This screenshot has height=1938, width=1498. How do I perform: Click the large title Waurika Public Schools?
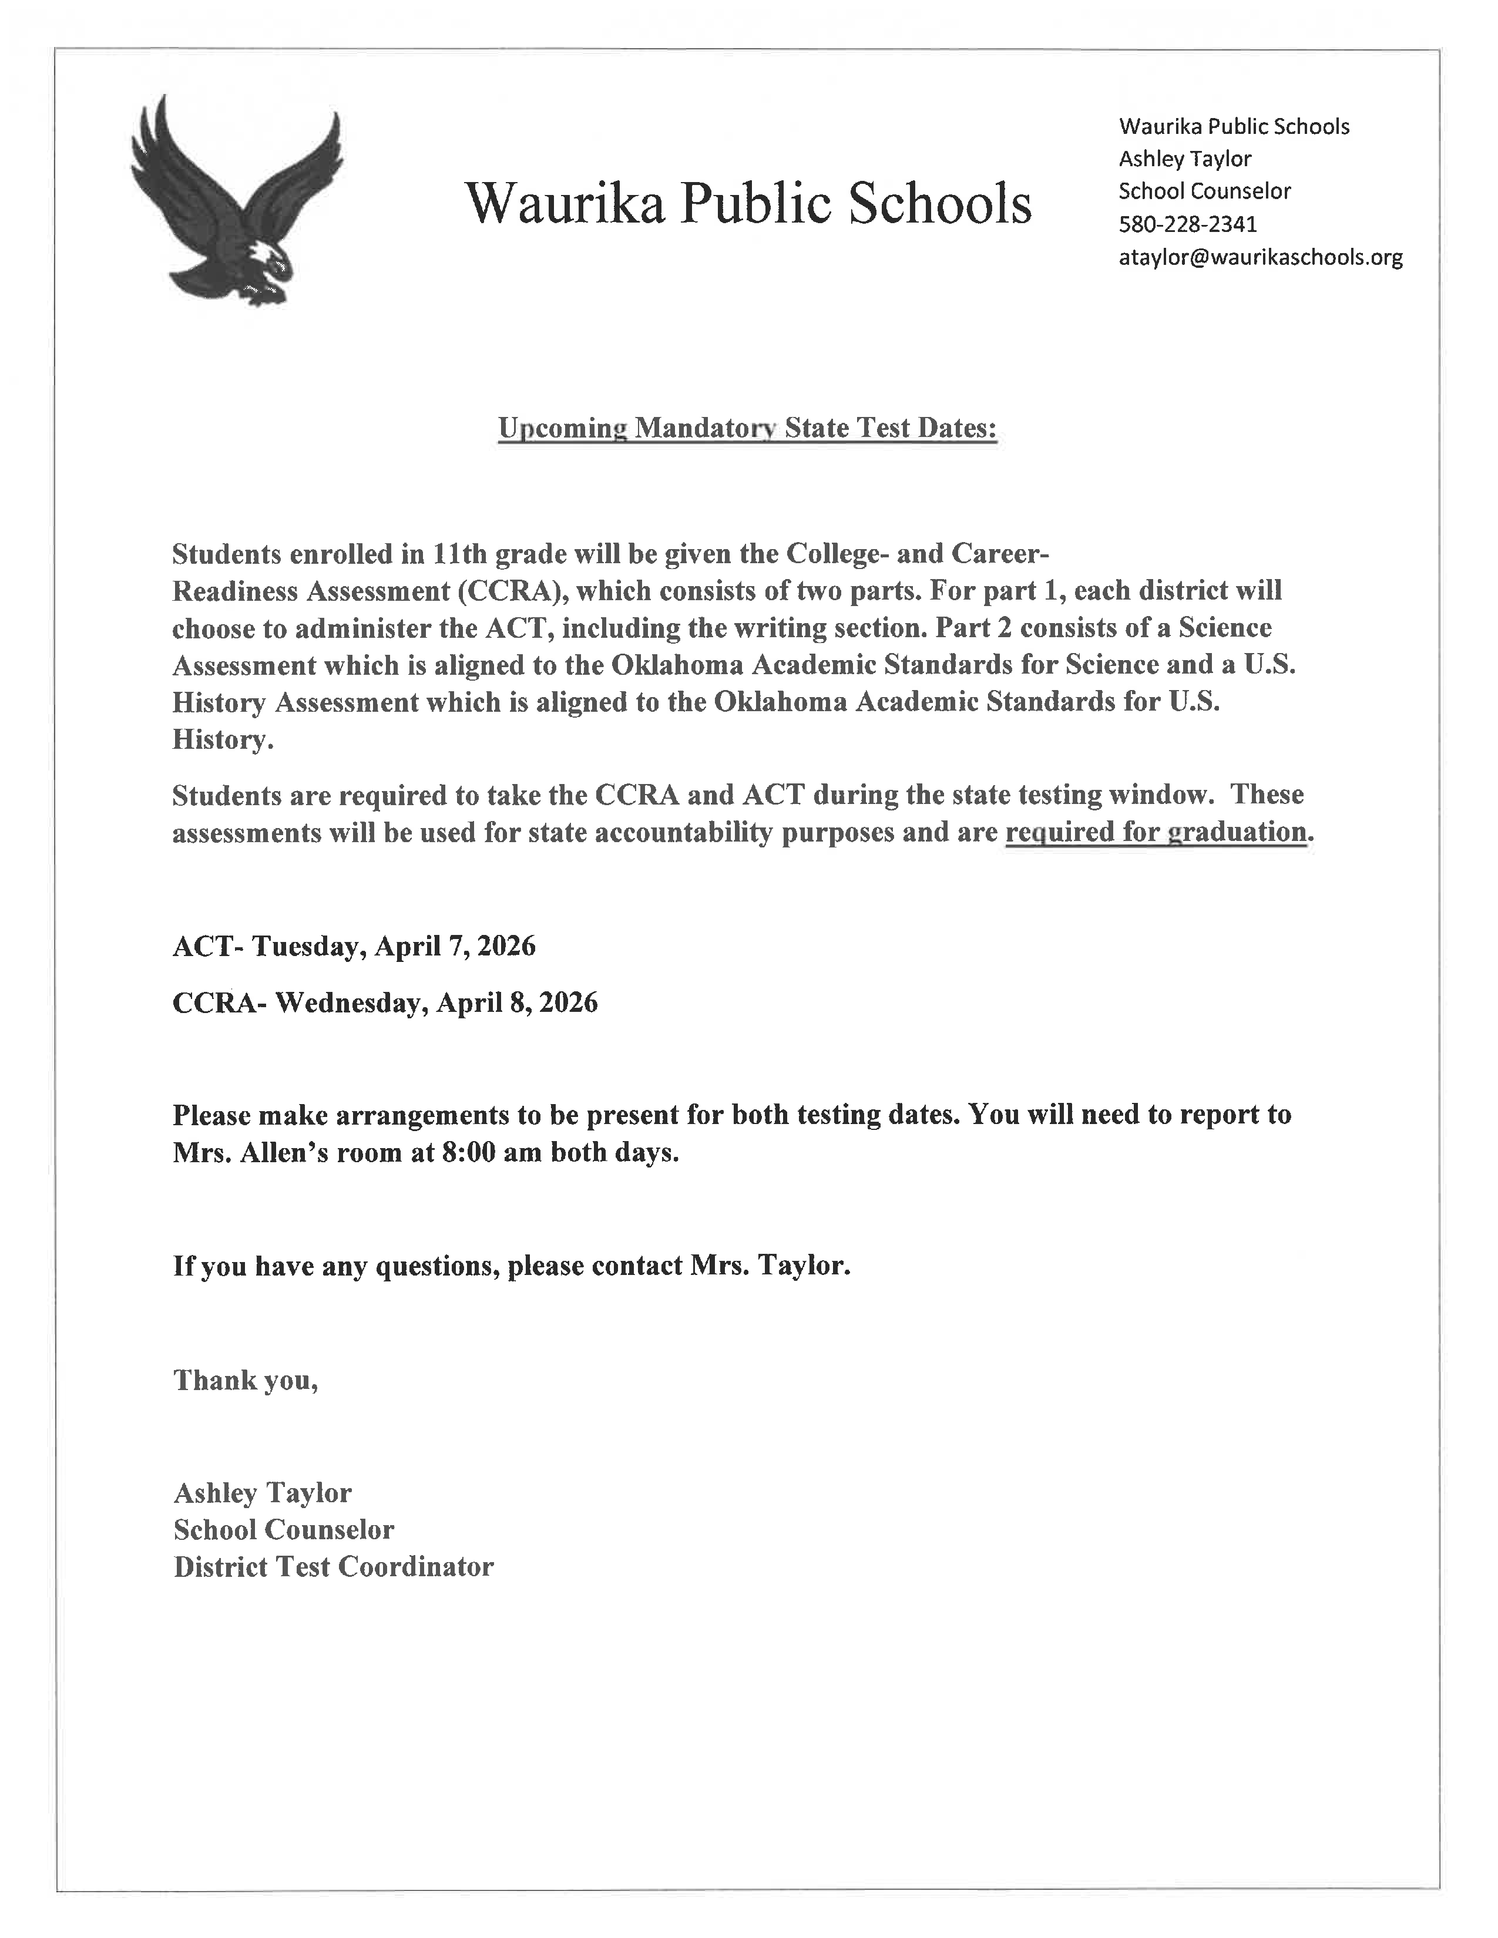coord(748,203)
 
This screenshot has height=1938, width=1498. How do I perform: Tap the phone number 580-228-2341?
coord(1187,224)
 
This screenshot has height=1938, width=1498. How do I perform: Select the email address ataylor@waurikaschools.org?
coord(1260,257)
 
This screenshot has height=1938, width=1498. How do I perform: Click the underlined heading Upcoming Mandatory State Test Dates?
coord(747,429)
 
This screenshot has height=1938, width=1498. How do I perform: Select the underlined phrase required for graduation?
coord(1156,832)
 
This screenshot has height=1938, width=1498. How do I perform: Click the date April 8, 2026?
coord(516,1002)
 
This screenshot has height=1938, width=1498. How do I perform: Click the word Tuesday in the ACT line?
coord(304,947)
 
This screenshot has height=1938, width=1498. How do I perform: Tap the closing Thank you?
coord(245,1380)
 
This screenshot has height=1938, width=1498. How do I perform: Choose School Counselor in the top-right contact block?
coord(1204,191)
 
